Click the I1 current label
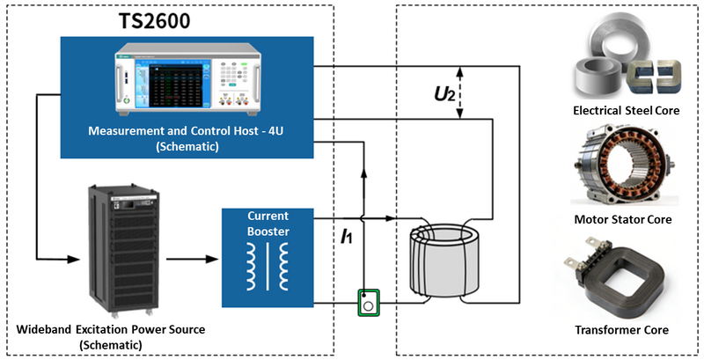click(350, 237)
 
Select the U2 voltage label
click(446, 91)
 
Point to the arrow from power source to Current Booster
click(190, 260)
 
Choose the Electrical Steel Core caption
click(625, 112)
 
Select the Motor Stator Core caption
click(624, 219)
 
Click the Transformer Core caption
click(624, 330)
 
